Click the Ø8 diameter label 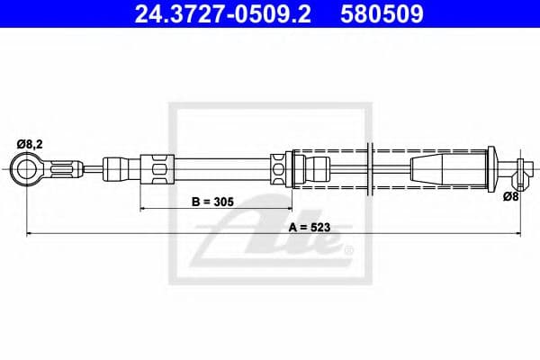pyautogui.click(x=510, y=195)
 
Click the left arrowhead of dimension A pyautogui.click(x=30, y=234)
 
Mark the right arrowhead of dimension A pyautogui.click(x=517, y=234)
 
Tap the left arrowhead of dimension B pyautogui.click(x=144, y=209)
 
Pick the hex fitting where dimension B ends pyautogui.click(x=280, y=167)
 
